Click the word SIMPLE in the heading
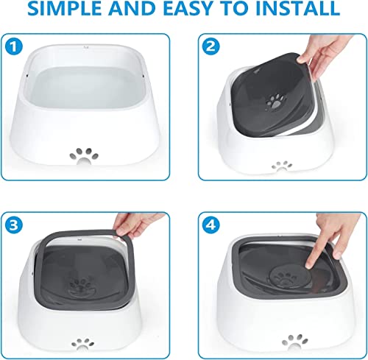click(x=64, y=8)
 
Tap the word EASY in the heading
click(x=187, y=8)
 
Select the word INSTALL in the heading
click(x=297, y=8)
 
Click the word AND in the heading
click(x=132, y=8)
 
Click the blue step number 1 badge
click(x=14, y=46)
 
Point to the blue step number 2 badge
click(x=211, y=46)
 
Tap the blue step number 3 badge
click(x=14, y=225)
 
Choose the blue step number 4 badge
click(x=211, y=225)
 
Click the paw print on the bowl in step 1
click(x=84, y=156)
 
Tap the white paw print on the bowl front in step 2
click(x=282, y=166)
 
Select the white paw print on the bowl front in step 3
click(x=82, y=344)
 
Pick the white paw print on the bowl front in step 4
click(x=294, y=342)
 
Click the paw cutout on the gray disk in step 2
click(x=276, y=102)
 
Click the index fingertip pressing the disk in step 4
click(x=309, y=265)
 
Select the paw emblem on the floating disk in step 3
click(x=81, y=286)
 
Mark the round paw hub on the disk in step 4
click(x=286, y=278)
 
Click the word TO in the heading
click(x=233, y=8)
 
